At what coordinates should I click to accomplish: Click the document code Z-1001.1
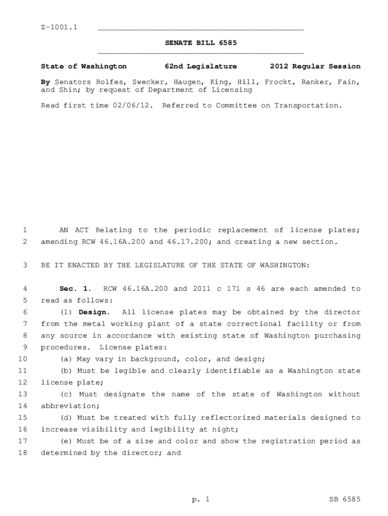click(x=59, y=27)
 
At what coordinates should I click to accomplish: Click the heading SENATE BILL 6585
click(x=201, y=43)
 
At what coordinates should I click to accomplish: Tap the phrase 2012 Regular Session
click(x=315, y=66)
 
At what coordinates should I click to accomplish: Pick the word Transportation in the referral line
click(x=307, y=105)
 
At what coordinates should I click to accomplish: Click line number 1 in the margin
click(x=24, y=230)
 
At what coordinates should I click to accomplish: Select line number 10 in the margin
click(x=22, y=359)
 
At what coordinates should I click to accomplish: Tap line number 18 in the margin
click(x=22, y=453)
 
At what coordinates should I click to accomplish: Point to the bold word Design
click(x=93, y=312)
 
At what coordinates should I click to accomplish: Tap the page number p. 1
click(x=201, y=499)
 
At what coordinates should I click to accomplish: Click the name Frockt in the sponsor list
click(x=279, y=81)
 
